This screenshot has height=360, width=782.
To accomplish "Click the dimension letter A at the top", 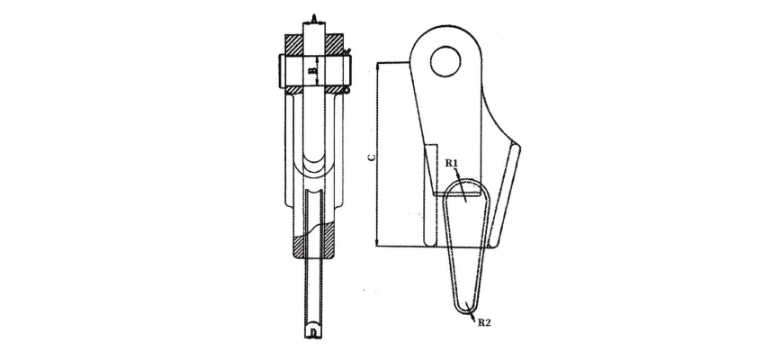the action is click(x=314, y=20).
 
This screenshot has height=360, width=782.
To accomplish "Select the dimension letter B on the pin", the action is click(x=313, y=71).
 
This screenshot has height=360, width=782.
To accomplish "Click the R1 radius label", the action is click(x=452, y=163).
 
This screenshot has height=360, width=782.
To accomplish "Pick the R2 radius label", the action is click(x=484, y=322).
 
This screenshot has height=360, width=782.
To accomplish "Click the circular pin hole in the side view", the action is click(x=445, y=61).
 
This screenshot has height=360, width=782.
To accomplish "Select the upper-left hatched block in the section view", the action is click(x=293, y=44).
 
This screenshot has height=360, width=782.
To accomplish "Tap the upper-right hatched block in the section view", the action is click(x=334, y=44).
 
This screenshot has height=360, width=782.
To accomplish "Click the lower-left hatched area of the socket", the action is click(x=298, y=247).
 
